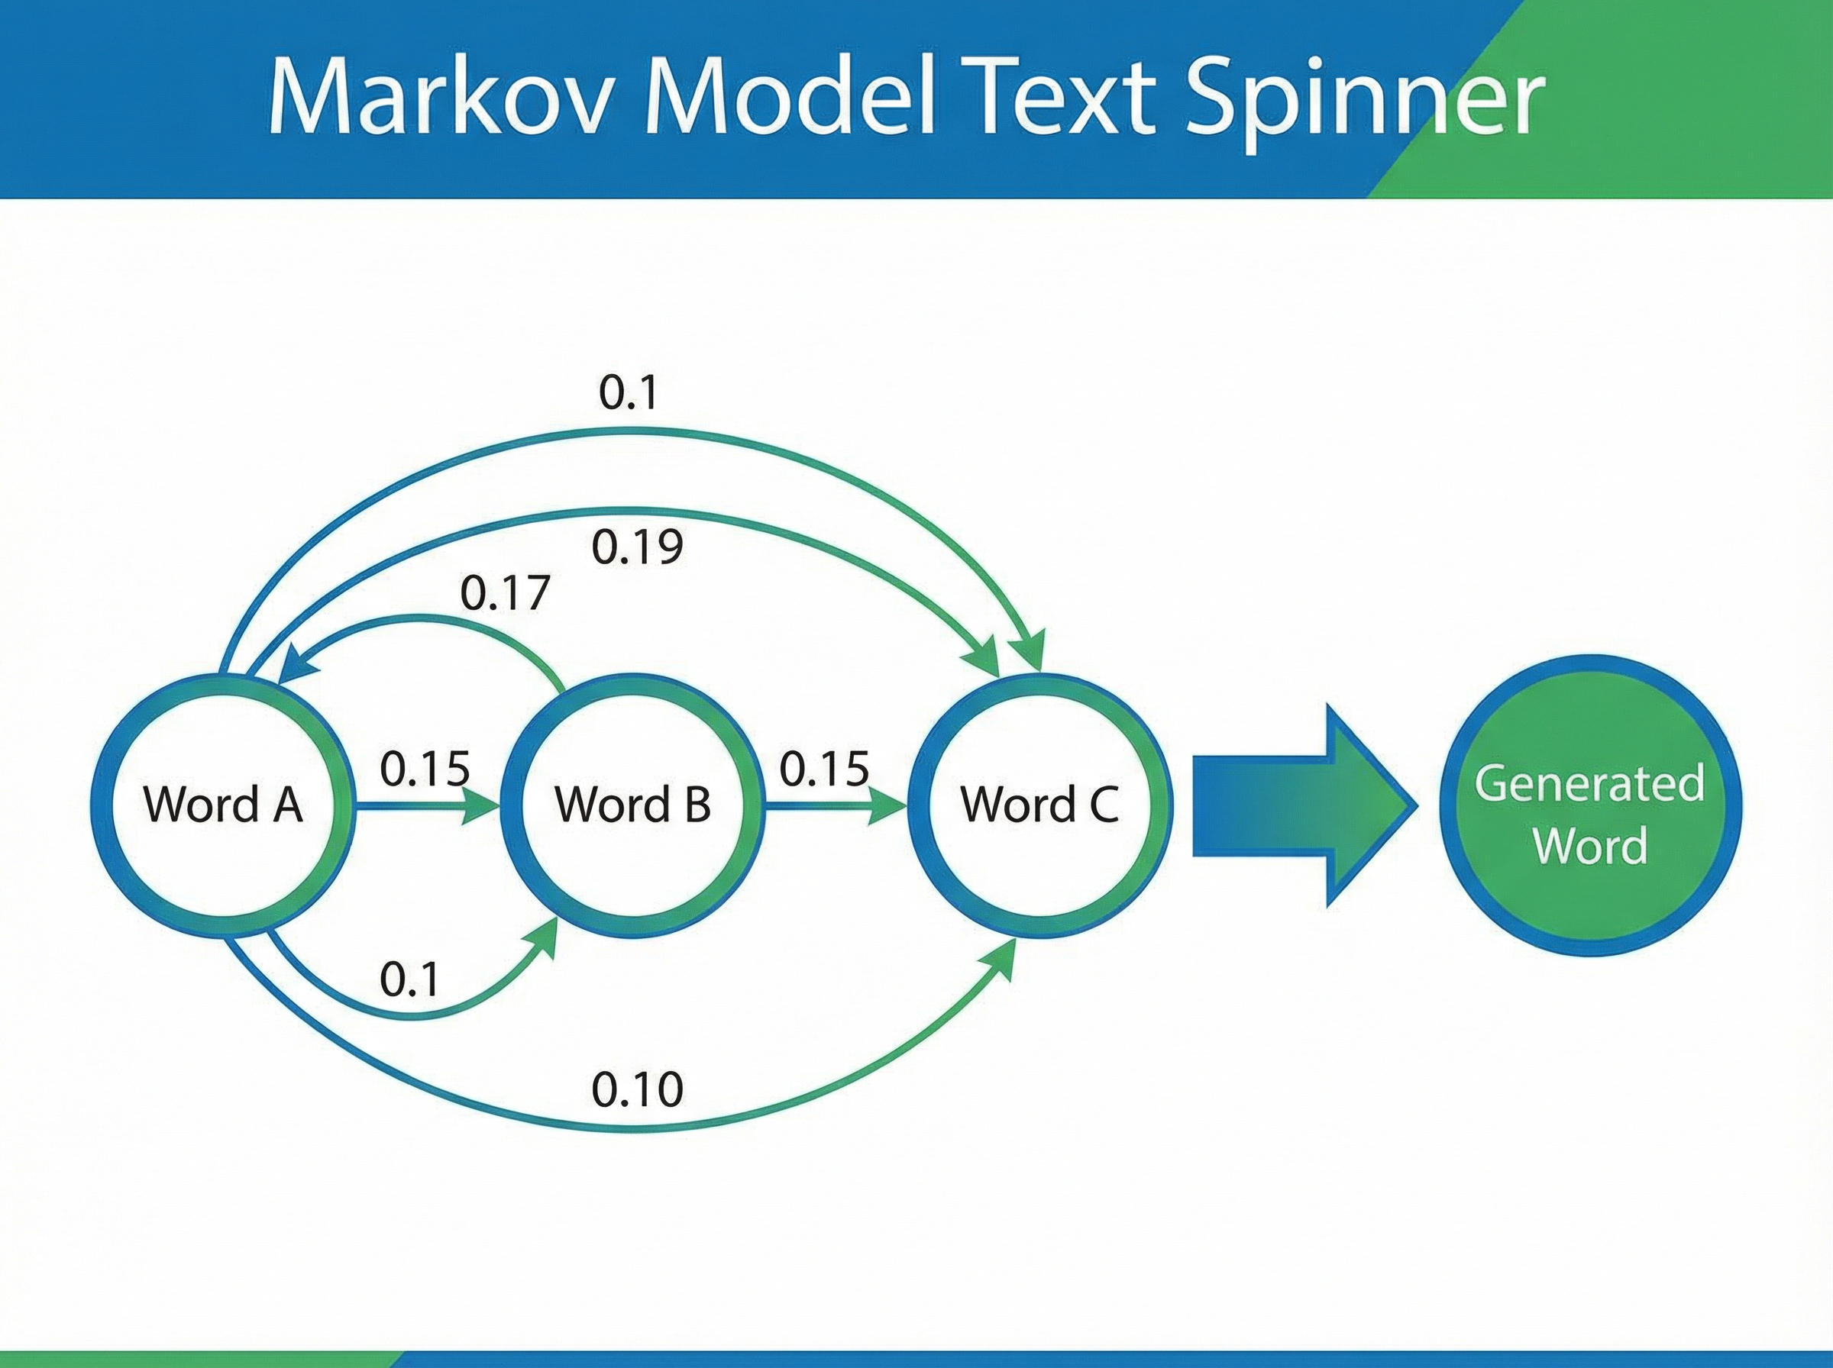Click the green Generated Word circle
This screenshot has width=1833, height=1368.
(1590, 807)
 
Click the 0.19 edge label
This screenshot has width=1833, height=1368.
(637, 547)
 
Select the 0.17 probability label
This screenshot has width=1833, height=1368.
(504, 594)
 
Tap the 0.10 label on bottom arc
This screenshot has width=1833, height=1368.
(637, 1091)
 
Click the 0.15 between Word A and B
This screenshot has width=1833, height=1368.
(425, 769)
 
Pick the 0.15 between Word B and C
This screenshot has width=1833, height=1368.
(824, 769)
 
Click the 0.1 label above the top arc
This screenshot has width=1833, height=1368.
(628, 393)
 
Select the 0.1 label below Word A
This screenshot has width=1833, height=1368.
(409, 980)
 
